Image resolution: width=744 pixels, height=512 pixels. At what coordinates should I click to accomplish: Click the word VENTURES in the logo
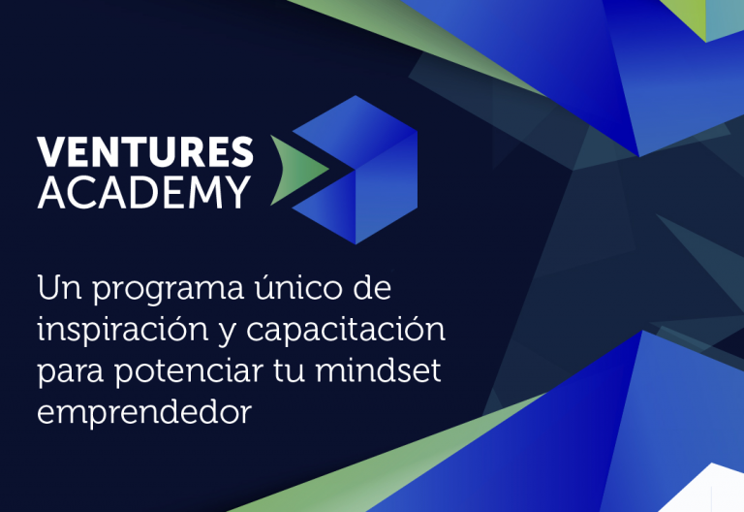tap(145, 152)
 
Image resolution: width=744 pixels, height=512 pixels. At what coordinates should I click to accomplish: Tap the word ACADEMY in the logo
tap(143, 192)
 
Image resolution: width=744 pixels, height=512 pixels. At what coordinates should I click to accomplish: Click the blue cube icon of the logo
tap(355, 170)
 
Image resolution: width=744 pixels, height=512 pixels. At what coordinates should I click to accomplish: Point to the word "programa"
tap(168, 290)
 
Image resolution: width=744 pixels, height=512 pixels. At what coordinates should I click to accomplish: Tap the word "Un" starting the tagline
tap(59, 287)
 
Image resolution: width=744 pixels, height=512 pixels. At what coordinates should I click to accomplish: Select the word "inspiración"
tap(122, 330)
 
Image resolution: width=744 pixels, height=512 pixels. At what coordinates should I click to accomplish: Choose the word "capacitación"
tap(346, 329)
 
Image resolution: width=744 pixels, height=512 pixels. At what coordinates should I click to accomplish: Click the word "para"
tap(70, 372)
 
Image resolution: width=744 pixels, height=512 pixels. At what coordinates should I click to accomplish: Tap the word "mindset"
tap(378, 369)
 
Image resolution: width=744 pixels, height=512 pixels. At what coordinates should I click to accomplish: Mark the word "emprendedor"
tap(144, 412)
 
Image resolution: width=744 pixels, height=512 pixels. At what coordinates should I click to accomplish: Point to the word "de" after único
tap(372, 286)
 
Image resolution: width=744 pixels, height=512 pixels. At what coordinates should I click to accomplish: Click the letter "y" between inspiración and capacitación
tap(227, 334)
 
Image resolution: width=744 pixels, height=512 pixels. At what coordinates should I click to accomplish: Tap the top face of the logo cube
tap(355, 132)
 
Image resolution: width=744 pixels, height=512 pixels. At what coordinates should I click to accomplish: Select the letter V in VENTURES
tap(50, 152)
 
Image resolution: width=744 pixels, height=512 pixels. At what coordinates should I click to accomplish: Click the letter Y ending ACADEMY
tap(238, 192)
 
